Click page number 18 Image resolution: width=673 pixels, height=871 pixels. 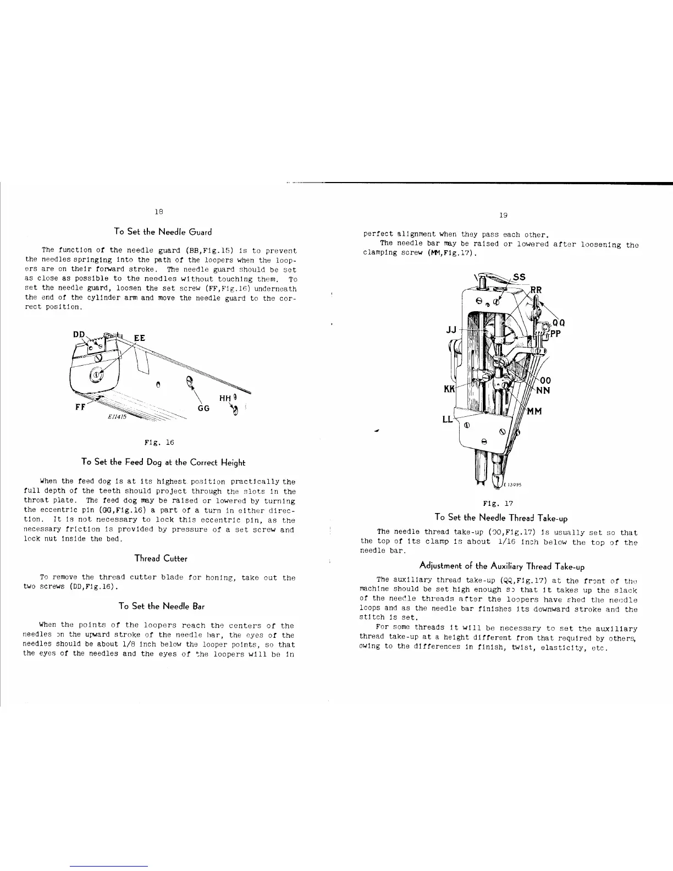pyautogui.click(x=158, y=211)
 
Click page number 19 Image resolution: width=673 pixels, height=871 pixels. pyautogui.click(x=501, y=216)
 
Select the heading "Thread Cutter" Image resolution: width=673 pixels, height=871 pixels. pyautogui.click(x=161, y=558)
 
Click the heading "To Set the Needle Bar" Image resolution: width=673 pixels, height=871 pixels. pyautogui.click(x=162, y=606)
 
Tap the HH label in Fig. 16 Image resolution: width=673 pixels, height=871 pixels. pyautogui.click(x=225, y=398)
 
